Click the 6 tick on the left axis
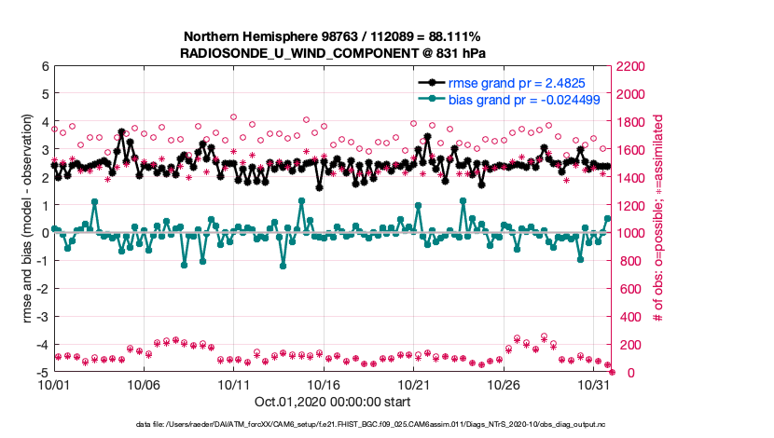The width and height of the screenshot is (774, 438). [x=45, y=66]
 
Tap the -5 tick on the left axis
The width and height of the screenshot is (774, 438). [x=42, y=373]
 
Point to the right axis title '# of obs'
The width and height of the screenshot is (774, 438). [x=657, y=219]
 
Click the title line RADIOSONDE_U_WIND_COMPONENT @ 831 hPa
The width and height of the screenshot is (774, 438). [x=332, y=53]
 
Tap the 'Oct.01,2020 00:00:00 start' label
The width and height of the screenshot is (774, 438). [x=332, y=403]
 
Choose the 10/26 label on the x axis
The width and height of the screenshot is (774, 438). [x=504, y=384]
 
